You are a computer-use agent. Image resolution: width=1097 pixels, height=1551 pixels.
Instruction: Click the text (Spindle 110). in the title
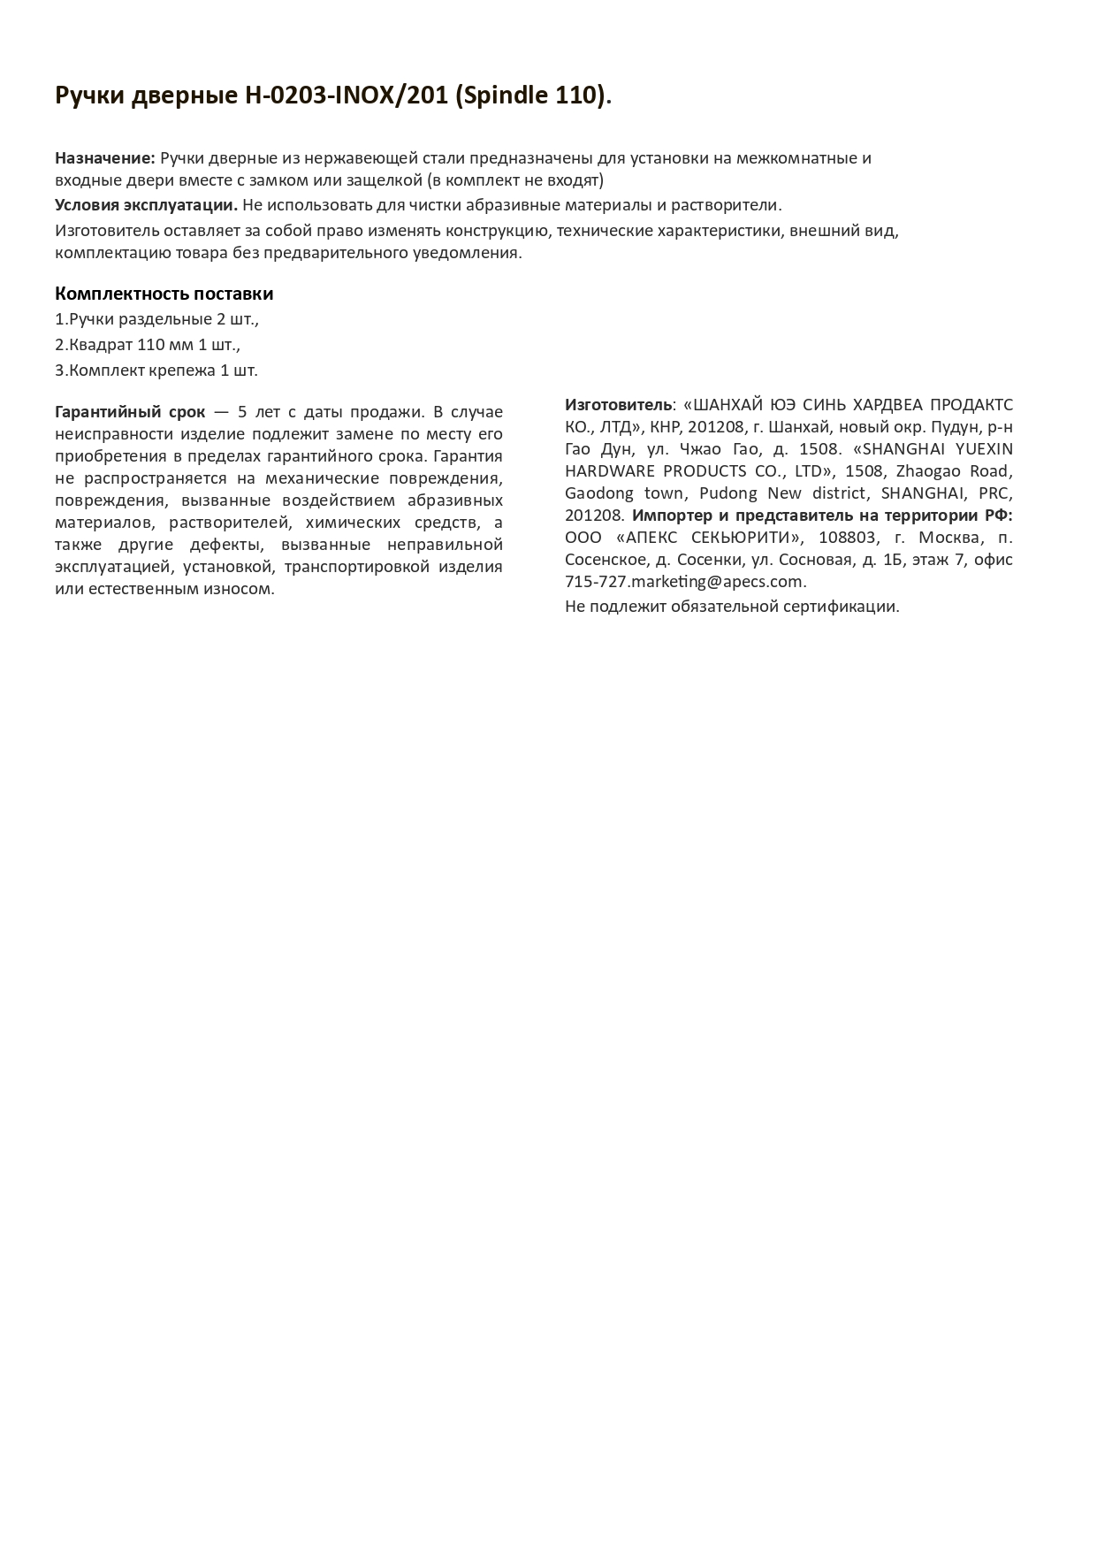coord(534,96)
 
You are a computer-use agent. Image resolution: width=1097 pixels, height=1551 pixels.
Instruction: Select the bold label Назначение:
coord(105,158)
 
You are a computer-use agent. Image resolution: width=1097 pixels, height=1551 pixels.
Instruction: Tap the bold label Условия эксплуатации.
coord(146,205)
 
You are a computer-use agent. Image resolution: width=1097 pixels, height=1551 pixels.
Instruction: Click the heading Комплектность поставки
coord(164,294)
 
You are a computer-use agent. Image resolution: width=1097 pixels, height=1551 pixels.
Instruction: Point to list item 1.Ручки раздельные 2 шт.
coord(156,319)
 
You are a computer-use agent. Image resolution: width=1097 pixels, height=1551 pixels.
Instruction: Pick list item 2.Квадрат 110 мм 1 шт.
coord(148,345)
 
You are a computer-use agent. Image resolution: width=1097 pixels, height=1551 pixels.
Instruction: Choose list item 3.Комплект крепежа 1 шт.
coord(156,371)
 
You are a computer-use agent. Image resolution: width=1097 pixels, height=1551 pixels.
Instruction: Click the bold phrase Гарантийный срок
coord(130,412)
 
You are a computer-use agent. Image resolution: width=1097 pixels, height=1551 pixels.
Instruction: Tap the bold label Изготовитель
coord(619,405)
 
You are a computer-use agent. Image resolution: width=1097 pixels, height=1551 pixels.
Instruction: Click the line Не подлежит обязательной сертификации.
coord(732,607)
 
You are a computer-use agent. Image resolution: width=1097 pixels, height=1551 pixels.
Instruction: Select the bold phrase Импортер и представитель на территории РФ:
coord(822,516)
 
